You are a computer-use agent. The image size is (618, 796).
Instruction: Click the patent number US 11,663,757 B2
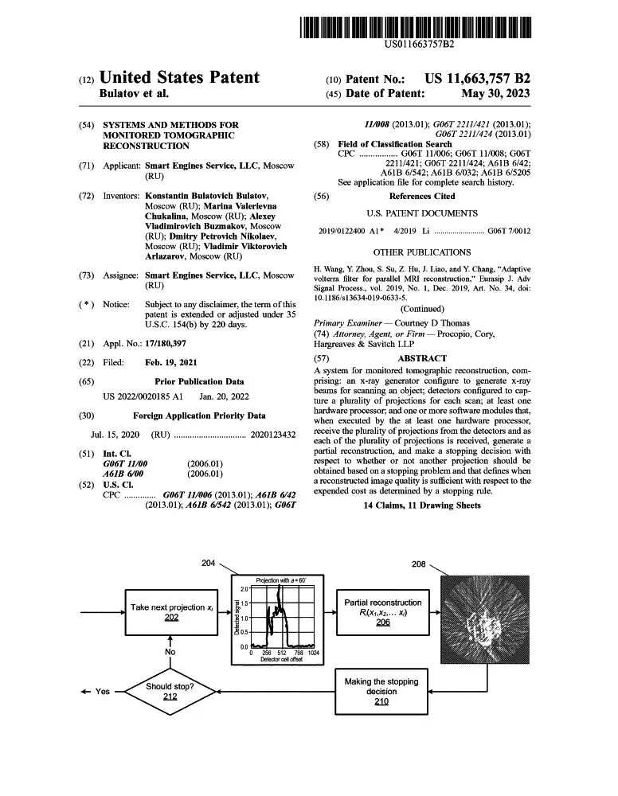click(x=477, y=78)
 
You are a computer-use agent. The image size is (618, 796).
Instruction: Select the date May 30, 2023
click(x=495, y=93)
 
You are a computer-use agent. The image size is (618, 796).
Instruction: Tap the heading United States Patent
click(x=179, y=77)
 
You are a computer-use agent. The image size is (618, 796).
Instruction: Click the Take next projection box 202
click(x=171, y=611)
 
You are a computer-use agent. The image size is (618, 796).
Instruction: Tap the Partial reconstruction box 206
click(x=382, y=611)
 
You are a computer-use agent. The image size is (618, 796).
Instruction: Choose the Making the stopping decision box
click(x=381, y=691)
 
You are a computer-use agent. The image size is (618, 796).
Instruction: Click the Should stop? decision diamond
click(x=170, y=691)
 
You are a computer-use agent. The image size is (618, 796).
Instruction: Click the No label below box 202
click(x=170, y=652)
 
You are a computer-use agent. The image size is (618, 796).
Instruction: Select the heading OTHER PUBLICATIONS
click(x=421, y=252)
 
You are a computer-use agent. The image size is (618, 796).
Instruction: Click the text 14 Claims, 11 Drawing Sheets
click(x=421, y=505)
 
